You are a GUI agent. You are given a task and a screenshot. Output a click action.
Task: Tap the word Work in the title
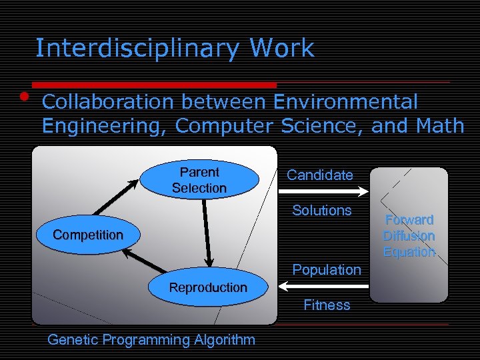(281, 49)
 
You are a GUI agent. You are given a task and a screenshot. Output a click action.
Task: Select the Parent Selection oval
(199, 180)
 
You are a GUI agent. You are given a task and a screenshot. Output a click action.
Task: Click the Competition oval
(87, 235)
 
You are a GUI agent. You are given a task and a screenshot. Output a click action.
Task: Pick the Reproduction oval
(207, 287)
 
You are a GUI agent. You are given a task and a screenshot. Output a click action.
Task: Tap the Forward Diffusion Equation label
(409, 236)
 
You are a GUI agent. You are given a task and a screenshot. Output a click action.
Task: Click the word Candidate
(319, 175)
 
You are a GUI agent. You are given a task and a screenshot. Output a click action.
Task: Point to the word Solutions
(321, 211)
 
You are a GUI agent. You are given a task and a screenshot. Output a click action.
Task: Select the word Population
(326, 270)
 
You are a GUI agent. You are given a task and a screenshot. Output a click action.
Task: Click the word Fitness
(326, 305)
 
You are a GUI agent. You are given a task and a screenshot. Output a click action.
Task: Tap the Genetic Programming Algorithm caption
(151, 340)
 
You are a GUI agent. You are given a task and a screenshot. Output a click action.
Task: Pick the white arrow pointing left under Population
(323, 287)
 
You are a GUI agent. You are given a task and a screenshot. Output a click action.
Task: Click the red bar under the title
(153, 85)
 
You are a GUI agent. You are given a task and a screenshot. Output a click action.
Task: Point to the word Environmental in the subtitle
(346, 102)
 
